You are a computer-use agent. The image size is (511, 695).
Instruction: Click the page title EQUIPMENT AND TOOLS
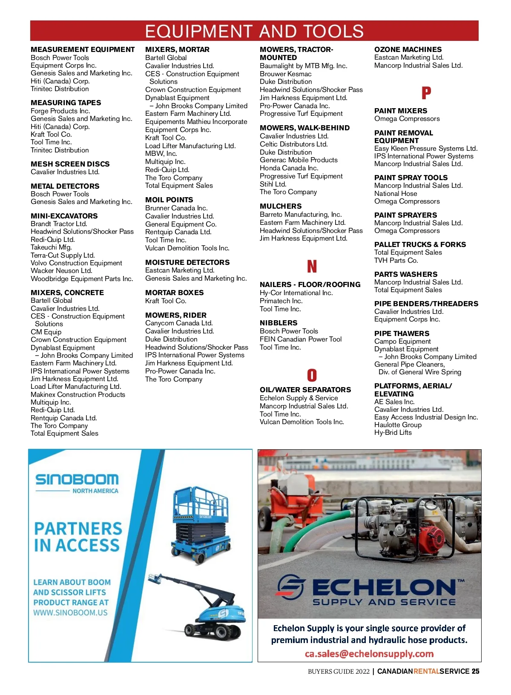254,32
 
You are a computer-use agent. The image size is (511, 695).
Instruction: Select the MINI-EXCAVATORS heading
64,216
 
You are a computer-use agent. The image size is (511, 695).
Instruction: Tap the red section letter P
426,92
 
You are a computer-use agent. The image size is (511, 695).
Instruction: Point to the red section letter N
312,267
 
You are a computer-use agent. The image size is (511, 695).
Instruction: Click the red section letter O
312,375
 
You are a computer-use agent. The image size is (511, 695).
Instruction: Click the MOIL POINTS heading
169,200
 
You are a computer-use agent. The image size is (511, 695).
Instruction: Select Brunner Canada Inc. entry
176,208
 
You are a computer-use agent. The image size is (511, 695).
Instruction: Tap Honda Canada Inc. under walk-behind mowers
289,168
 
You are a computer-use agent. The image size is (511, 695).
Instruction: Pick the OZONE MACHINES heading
408,49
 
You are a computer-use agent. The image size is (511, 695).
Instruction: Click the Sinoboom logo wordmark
77,480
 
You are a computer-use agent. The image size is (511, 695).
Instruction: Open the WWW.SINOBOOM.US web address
70,613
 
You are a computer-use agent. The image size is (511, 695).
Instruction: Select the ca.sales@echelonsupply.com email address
369,654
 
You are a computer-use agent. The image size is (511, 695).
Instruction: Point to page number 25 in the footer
475,672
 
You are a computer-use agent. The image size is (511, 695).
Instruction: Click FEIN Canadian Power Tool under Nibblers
301,339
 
